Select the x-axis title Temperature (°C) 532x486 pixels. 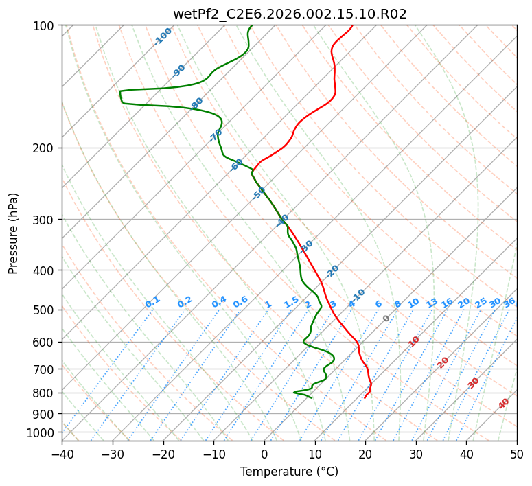point(289,472)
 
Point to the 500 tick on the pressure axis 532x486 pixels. point(47,310)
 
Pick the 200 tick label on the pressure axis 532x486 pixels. point(47,148)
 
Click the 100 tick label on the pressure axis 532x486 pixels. point(47,25)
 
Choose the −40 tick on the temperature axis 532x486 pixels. point(62,454)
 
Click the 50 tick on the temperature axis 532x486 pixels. point(517,454)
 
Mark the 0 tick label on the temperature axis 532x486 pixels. point(264,454)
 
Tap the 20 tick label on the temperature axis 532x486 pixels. point(365,454)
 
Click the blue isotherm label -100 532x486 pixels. point(163,36)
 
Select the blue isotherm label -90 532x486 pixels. point(179,70)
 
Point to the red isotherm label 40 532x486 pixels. point(504,404)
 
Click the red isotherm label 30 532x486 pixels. point(474,383)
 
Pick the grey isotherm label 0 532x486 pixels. point(386,319)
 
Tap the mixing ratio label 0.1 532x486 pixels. point(152,301)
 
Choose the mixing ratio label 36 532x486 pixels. point(509,302)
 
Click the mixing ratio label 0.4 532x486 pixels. point(219,302)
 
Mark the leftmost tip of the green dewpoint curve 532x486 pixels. point(119,91)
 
